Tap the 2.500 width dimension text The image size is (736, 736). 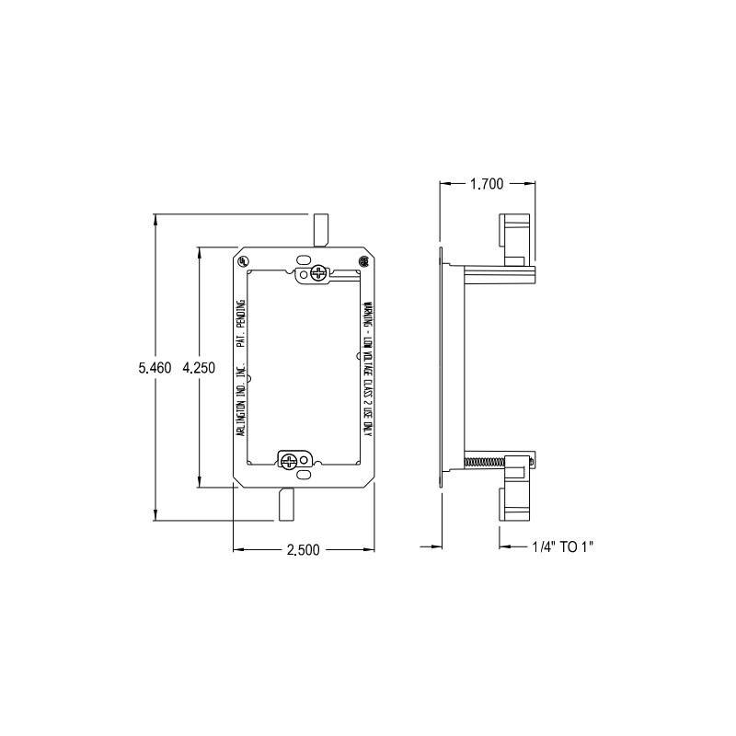(x=303, y=550)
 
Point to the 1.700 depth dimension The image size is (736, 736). (x=486, y=184)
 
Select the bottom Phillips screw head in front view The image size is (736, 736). (x=290, y=459)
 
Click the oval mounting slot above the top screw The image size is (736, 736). (x=305, y=259)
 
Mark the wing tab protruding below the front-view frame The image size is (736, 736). (x=285, y=504)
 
